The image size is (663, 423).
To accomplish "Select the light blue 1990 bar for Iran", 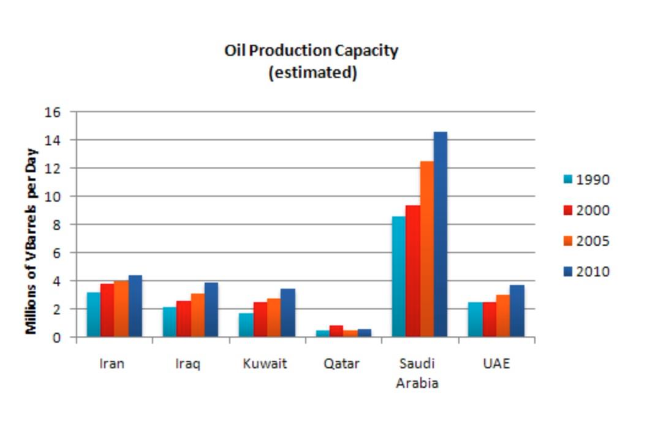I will pos(93,314).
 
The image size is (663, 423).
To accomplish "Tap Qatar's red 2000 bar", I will pos(336,331).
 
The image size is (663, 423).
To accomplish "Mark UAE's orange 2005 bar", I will pos(503,316).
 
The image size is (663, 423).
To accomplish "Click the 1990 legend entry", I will pos(586,180).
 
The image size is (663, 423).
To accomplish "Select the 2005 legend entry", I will pos(586,241).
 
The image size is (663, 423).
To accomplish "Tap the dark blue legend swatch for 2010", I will pos(568,272).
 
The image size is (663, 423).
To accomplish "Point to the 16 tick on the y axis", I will pos(53,112).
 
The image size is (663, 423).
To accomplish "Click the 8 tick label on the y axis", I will pos(57,225).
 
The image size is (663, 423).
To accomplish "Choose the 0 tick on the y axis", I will pos(57,337).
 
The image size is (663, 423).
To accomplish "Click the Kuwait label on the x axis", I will pos(265,363).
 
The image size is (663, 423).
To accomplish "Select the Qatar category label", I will pos(341,363).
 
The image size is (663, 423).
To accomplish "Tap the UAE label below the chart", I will pos(496,363).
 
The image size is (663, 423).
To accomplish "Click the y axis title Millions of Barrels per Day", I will pos(31,241).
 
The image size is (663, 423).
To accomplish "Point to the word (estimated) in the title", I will pos(313,72).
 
